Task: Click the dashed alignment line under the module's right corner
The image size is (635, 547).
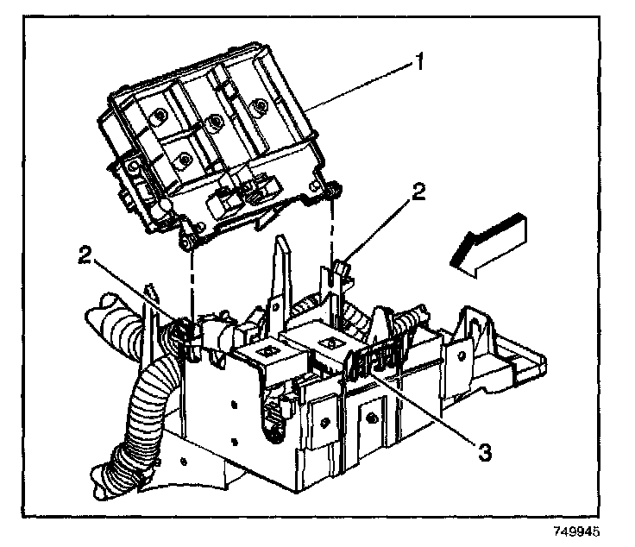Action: pos(333,233)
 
